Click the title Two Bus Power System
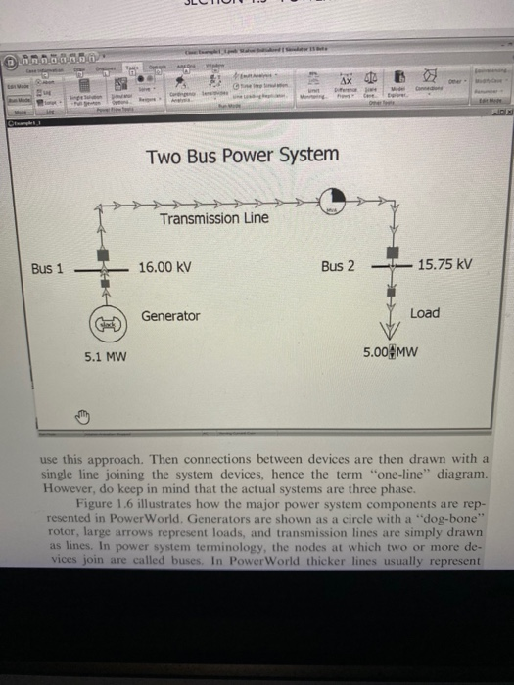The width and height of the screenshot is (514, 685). tap(242, 155)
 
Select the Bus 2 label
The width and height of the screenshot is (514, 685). tap(338, 266)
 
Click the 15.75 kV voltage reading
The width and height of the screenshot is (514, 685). tap(444, 265)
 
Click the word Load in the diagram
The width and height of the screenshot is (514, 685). tap(425, 313)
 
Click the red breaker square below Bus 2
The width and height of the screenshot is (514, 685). tap(392, 291)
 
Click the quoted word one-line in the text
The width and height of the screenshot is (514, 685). tap(372, 471)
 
